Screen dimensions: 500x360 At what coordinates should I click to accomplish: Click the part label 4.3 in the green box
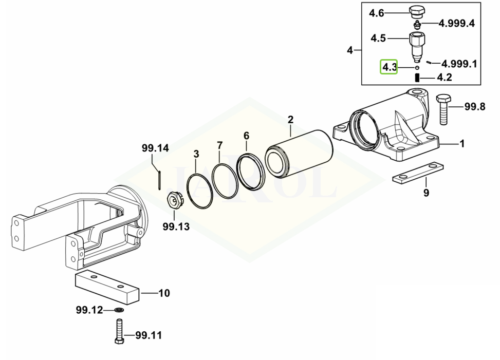click(x=389, y=67)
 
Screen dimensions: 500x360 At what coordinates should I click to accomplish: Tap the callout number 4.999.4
click(x=457, y=23)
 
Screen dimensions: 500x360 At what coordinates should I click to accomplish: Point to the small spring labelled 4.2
click(x=417, y=77)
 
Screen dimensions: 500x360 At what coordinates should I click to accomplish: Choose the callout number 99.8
click(x=474, y=106)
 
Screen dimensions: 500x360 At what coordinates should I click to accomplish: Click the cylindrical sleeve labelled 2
click(x=299, y=153)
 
